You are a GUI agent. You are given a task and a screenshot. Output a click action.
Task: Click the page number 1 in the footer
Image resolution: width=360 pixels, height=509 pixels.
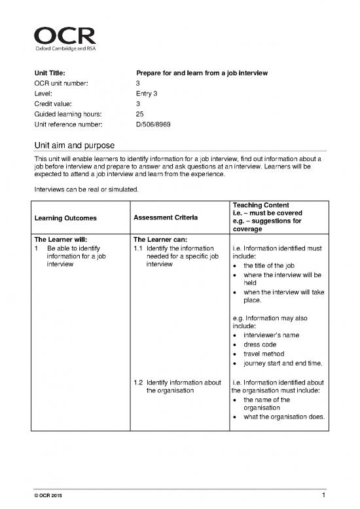pos(325,499)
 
